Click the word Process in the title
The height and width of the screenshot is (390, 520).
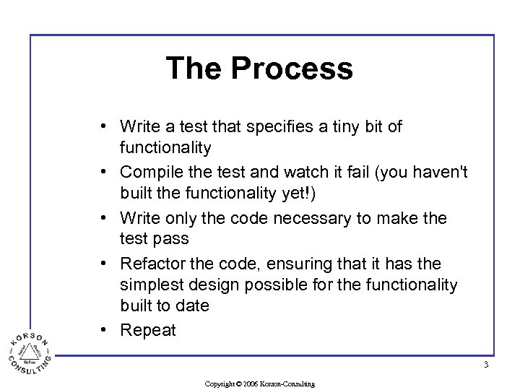pos(292,68)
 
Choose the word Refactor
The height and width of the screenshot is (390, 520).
pos(151,264)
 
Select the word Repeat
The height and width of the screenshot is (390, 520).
pos(148,330)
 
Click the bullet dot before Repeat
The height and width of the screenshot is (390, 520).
pos(105,330)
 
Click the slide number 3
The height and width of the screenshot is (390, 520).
pos(486,365)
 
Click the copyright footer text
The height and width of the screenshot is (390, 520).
pos(260,383)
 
